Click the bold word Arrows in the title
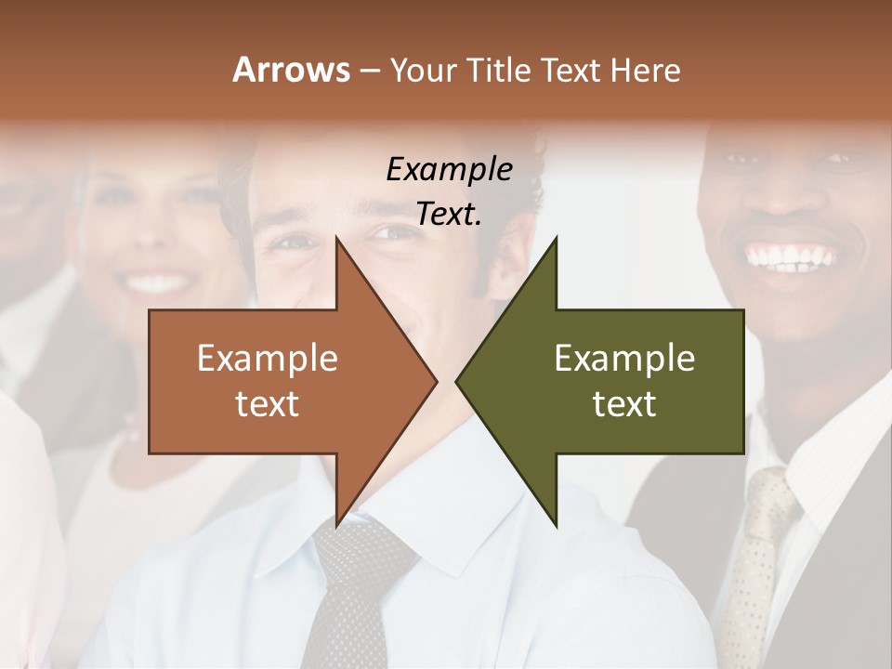289,70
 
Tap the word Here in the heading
646,70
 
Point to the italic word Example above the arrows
449,169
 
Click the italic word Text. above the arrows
449,214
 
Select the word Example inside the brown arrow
267,358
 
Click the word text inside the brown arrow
267,403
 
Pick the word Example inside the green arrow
623,358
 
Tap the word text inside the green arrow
623,403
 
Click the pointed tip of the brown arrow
436,381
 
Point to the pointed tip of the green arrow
457,381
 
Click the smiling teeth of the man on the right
794,256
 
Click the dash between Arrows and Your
369,71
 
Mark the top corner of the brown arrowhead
336,238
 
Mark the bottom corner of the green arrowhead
556,526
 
